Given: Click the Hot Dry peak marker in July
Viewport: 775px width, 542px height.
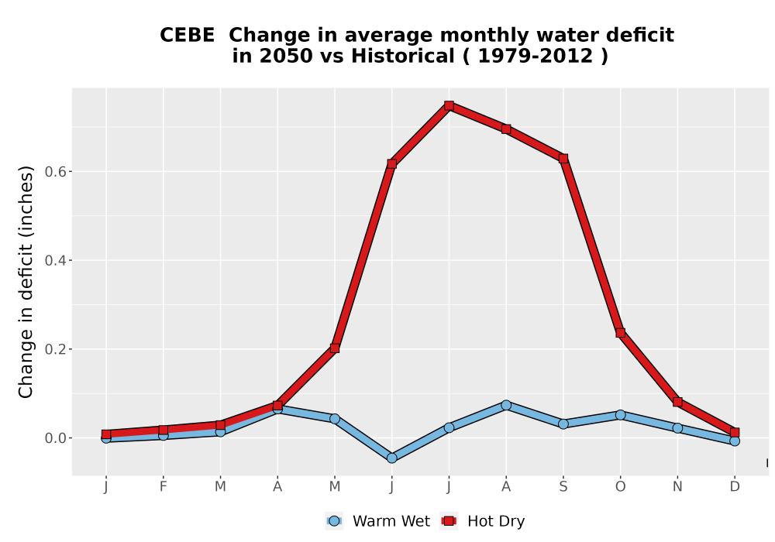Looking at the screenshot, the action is [x=449, y=105].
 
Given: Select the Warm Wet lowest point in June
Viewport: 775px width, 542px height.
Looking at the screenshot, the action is [x=392, y=458].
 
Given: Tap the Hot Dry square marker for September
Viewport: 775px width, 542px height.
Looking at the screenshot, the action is [x=563, y=159].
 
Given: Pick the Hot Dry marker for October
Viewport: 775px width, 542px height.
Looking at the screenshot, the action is [x=620, y=333].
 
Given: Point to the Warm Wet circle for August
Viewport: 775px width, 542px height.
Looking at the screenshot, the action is [x=506, y=405].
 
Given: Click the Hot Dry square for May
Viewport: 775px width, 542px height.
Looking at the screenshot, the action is [x=335, y=348].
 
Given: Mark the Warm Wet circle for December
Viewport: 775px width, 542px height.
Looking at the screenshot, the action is [x=735, y=441].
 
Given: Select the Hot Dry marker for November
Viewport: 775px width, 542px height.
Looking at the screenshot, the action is [x=677, y=402].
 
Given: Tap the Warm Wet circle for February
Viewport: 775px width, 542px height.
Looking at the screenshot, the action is [x=163, y=435].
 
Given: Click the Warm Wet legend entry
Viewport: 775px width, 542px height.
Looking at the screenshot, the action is [x=378, y=521].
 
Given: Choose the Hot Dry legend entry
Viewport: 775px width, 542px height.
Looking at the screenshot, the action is [x=482, y=521].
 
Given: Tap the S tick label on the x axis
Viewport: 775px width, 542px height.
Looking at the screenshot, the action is [x=563, y=487].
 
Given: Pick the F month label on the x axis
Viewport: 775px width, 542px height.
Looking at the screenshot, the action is [x=163, y=487].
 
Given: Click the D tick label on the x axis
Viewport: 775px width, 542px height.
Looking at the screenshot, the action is [x=735, y=487].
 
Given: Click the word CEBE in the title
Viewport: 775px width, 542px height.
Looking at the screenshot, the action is [x=188, y=35].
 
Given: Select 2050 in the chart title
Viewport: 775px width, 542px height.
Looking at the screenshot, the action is [x=287, y=56].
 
